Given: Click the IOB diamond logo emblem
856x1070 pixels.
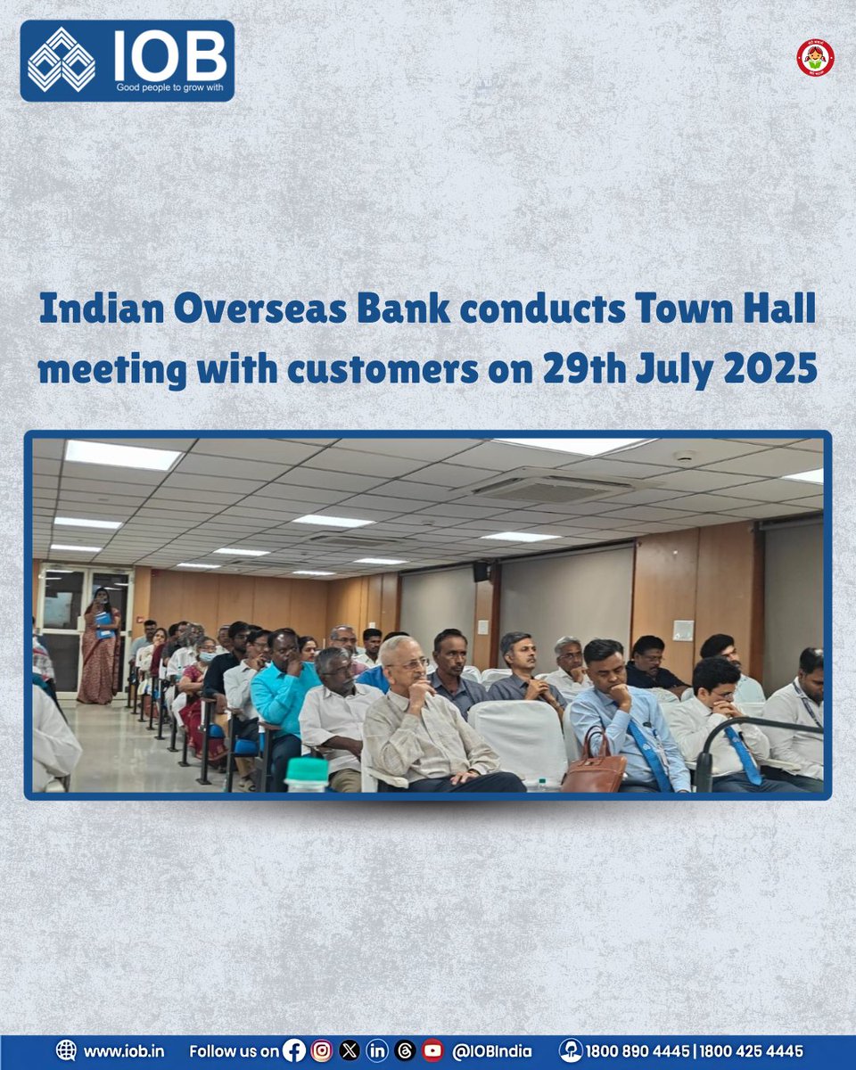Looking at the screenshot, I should point(61,60).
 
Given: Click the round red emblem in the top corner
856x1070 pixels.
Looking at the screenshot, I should point(814,58).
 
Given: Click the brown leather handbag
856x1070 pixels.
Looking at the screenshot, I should point(594,766).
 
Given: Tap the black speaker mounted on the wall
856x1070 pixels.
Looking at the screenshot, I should point(481,571).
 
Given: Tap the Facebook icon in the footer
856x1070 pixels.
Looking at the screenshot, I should point(293,1051).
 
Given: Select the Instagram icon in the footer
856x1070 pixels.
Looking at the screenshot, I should point(321,1051).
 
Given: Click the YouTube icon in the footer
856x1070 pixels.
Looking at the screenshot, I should point(432,1051).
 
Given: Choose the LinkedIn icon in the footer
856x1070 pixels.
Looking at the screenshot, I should point(376,1051).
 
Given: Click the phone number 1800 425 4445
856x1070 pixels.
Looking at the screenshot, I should point(752,1051).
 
